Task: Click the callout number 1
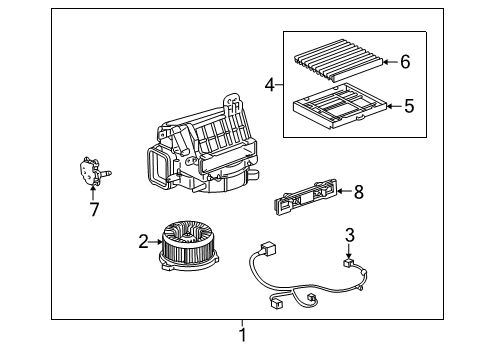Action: pyautogui.click(x=243, y=335)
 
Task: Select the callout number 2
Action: pyautogui.click(x=143, y=241)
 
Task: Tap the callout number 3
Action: pyautogui.click(x=349, y=235)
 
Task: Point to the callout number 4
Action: pyautogui.click(x=270, y=85)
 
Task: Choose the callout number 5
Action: pyautogui.click(x=409, y=106)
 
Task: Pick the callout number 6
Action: pyautogui.click(x=405, y=62)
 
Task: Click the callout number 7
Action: pyautogui.click(x=94, y=210)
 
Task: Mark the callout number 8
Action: pyautogui.click(x=359, y=192)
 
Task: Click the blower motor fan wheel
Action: pyautogui.click(x=189, y=245)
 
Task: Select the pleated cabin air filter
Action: pyautogui.click(x=338, y=60)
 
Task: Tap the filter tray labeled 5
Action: pyautogui.click(x=340, y=106)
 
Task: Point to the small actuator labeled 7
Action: pyautogui.click(x=93, y=171)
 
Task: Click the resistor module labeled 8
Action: pyautogui.click(x=305, y=197)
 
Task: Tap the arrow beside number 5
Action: pyautogui.click(x=394, y=106)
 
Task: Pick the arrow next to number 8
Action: pyautogui.click(x=344, y=191)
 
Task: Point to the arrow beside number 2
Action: pyautogui.click(x=156, y=242)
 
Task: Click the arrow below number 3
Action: pyautogui.click(x=349, y=251)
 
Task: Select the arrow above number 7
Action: pyautogui.click(x=93, y=193)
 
